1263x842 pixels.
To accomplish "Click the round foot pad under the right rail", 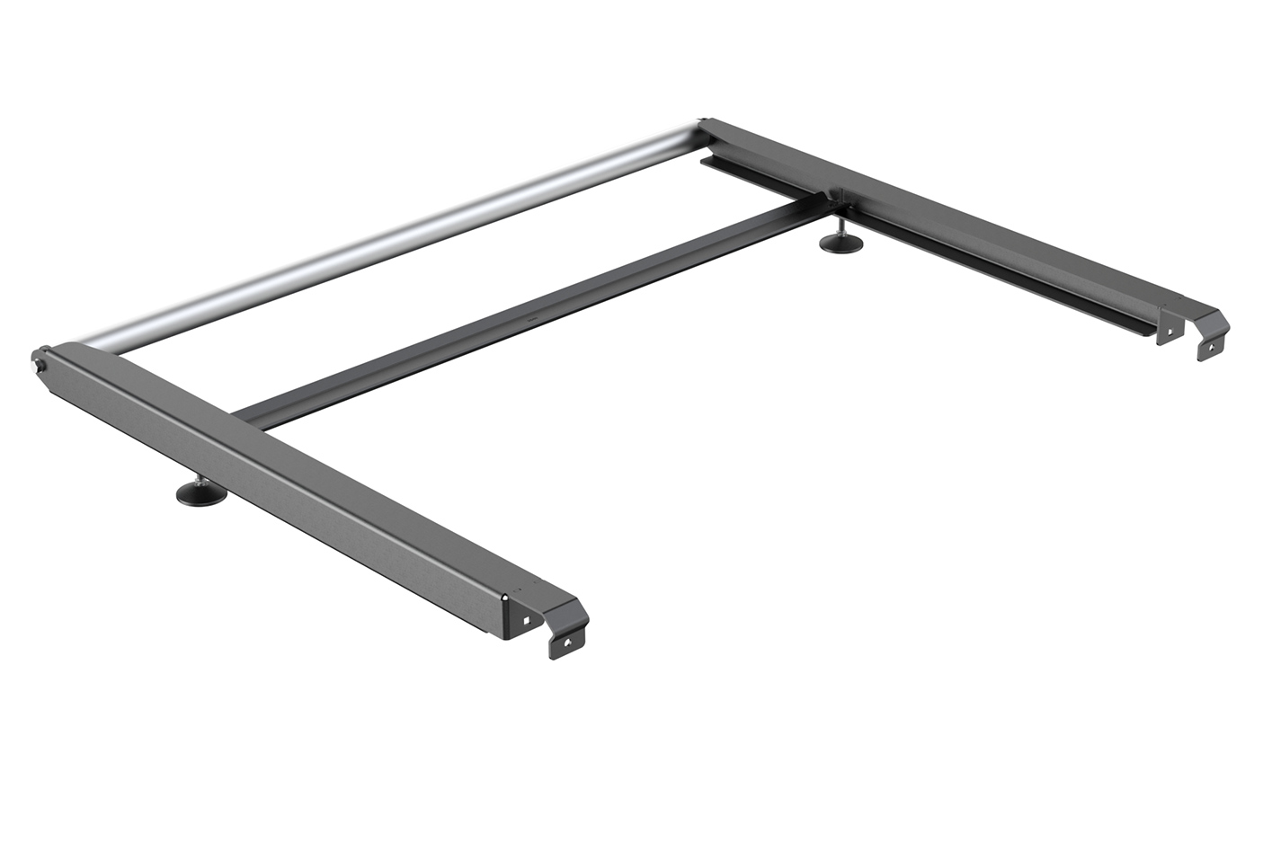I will tap(841, 243).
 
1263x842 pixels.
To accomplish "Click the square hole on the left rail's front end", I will tap(526, 618).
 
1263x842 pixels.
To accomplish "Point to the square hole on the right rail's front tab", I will tap(1170, 330).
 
